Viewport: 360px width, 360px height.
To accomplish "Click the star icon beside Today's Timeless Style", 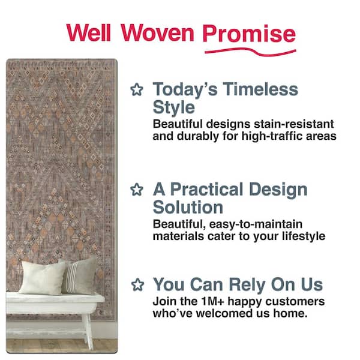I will pyautogui.click(x=137, y=91).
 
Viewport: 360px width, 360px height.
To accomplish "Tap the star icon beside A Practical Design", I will pyautogui.click(x=137, y=190).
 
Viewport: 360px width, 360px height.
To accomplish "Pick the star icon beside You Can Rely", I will pyautogui.click(x=137, y=284).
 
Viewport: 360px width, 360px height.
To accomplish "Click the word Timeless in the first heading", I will pyautogui.click(x=259, y=90).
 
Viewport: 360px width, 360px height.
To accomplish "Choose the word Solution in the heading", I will pyautogui.click(x=188, y=208).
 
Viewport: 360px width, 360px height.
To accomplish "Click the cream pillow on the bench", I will pyautogui.click(x=44, y=277).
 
